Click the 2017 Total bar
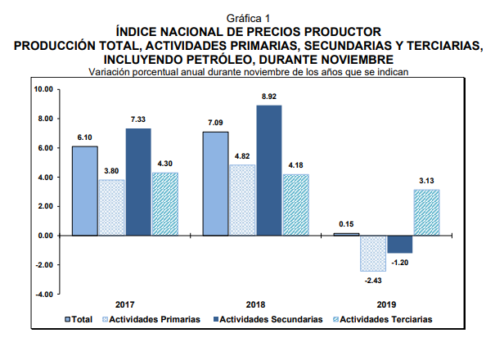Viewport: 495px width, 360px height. pyautogui.click(x=84, y=191)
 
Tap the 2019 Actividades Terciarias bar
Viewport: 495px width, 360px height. pyautogui.click(x=426, y=213)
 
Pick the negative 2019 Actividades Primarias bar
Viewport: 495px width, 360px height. pyautogui.click(x=373, y=253)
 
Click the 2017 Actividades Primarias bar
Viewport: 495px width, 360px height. pyautogui.click(x=111, y=207)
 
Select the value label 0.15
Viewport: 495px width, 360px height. pyautogui.click(x=346, y=224)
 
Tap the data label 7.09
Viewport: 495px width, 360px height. pyautogui.click(x=216, y=123)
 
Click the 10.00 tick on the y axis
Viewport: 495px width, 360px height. pyautogui.click(x=42, y=89)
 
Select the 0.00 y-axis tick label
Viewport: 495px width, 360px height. pyautogui.click(x=43, y=236)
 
